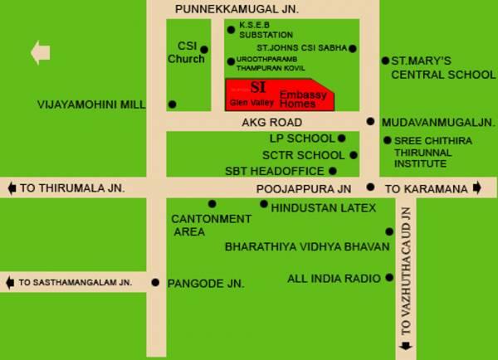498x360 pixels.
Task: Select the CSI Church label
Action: click(186, 52)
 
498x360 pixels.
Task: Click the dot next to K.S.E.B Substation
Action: click(231, 30)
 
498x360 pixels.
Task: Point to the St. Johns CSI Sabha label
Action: click(294, 48)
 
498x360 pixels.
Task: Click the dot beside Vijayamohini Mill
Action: click(172, 105)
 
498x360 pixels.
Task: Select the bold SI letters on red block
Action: click(258, 87)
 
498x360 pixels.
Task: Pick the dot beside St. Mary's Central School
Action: click(385, 61)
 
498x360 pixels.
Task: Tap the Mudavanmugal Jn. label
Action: click(437, 122)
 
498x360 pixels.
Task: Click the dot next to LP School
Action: click(342, 139)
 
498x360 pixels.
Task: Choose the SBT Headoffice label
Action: click(275, 171)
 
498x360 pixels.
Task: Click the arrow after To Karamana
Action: click(478, 188)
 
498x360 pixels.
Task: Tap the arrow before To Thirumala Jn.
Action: click(11, 188)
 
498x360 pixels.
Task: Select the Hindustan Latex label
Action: click(324, 207)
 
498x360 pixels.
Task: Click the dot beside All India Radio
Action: click(388, 278)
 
